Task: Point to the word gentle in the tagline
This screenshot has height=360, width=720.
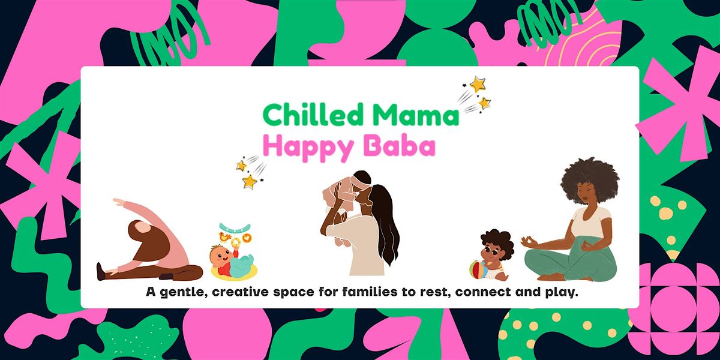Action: point(184,293)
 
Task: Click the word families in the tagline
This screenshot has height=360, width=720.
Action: point(362,293)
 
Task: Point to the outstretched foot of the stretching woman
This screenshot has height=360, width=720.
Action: point(103,272)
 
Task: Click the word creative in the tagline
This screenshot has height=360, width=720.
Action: point(249,293)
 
